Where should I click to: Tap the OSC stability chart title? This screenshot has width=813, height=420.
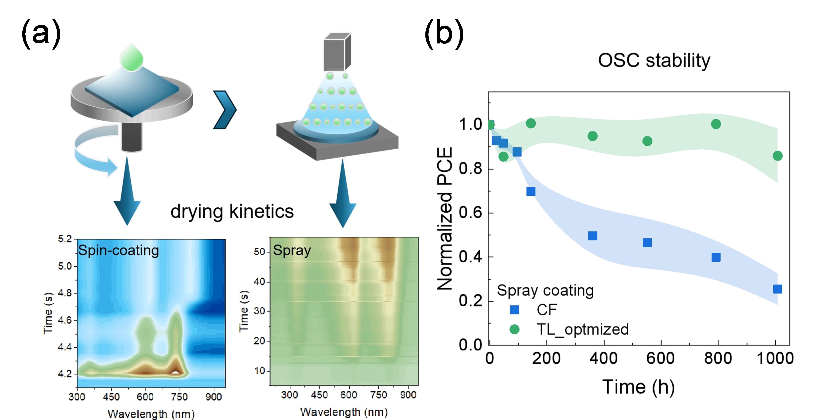pos(654,60)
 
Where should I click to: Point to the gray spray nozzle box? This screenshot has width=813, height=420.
pos(337,52)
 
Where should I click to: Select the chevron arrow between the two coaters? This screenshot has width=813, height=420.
pos(225,109)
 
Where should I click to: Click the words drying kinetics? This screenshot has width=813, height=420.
pos(232,211)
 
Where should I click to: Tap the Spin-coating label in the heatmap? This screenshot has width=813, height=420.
pos(118,250)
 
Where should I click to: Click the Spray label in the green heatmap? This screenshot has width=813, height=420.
pos(292,250)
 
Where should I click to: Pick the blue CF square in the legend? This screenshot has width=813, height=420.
pos(514,310)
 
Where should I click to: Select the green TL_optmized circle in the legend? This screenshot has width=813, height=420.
pos(514,329)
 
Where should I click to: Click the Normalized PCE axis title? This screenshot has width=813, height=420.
pos(445,218)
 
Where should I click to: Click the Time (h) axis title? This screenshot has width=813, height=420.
pos(638,387)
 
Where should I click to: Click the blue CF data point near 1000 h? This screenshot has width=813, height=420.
pos(777,289)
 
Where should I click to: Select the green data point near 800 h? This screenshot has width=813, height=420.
pos(716,124)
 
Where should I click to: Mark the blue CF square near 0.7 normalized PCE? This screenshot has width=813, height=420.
pos(531,191)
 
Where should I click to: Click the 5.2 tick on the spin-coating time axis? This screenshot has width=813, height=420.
pos(65,239)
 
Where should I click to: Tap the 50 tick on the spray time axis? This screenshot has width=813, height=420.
pos(259,252)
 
